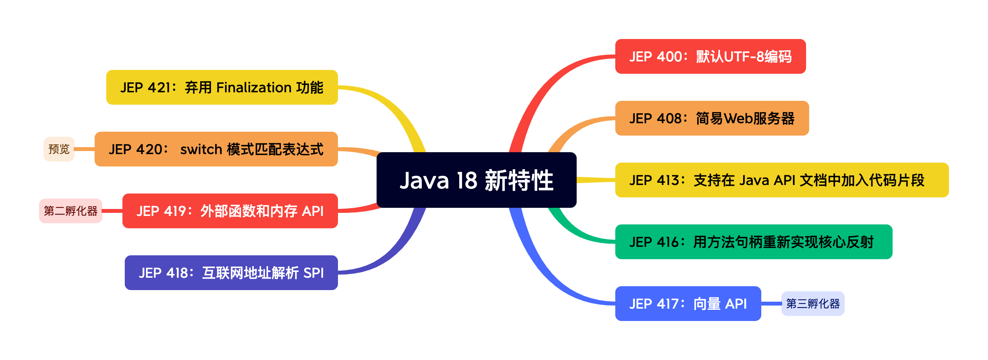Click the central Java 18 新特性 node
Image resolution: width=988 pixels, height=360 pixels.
(476, 180)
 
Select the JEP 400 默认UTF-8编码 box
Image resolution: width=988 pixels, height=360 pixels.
(710, 56)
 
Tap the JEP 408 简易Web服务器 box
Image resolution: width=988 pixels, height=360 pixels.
(711, 118)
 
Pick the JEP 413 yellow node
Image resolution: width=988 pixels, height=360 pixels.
(781, 180)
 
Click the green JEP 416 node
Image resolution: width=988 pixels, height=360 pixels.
(753, 242)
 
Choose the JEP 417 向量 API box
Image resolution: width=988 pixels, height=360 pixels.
(688, 304)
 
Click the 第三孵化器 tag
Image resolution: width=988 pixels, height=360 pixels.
(813, 304)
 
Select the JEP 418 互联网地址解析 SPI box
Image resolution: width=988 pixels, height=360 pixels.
(231, 273)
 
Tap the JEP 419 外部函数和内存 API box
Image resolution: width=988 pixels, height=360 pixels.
(230, 211)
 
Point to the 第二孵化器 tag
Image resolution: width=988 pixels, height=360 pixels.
(70, 211)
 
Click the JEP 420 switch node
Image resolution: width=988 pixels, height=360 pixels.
(216, 149)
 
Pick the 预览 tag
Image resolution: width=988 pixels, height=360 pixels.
(59, 149)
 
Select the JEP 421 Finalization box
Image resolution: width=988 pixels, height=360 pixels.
(222, 87)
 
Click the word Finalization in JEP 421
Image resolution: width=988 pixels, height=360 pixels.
(254, 88)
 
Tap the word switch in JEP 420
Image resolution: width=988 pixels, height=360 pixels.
(201, 149)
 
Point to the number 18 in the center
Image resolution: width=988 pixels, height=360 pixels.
(467, 180)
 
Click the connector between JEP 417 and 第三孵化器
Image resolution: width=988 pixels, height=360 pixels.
(771, 304)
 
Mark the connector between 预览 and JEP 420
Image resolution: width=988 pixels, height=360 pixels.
(84, 149)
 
